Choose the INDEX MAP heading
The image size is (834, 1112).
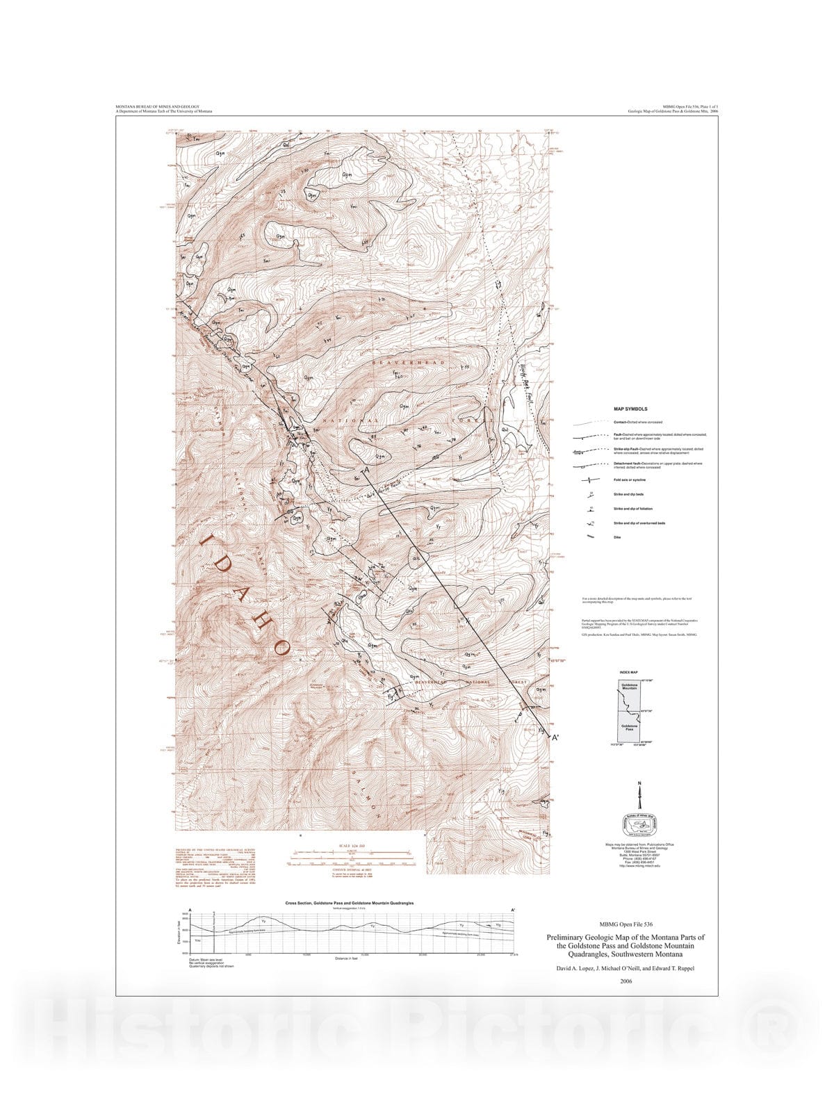point(628,673)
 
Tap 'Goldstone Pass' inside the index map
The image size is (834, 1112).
point(629,728)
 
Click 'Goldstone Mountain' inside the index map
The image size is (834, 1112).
point(629,686)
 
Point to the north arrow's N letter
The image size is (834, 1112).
point(639,785)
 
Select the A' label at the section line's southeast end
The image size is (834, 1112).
point(555,737)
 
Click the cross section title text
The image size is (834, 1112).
point(350,903)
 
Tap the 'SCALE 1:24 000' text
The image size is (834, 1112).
point(350,846)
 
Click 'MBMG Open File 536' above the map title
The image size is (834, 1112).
point(626,924)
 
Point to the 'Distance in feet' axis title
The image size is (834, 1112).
point(350,958)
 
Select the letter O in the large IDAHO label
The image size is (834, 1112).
point(281,647)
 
